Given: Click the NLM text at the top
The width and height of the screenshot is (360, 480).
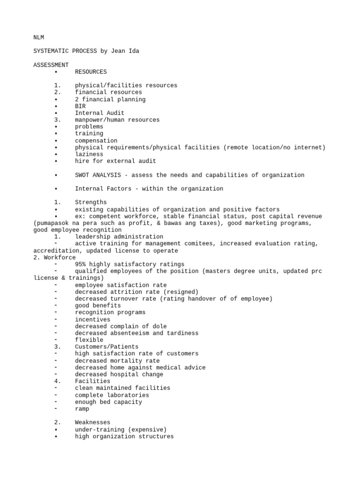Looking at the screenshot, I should pos(38,37).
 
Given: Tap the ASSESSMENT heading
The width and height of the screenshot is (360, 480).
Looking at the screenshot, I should pos(51,65).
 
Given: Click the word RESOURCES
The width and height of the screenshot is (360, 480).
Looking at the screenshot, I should pos(90,72).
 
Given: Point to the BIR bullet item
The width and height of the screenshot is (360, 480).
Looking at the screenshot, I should pos(80,106).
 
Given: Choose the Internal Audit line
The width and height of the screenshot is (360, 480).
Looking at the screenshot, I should pos(99,113).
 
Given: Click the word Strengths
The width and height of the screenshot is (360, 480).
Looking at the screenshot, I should pos(90,202).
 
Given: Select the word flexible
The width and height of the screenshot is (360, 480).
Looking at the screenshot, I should pos(89,340).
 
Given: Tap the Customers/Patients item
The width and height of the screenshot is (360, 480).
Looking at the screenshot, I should pos(106,347).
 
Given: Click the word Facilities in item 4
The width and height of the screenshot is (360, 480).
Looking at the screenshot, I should pos(92,381).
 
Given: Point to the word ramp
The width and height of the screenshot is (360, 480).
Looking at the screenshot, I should pos(82,409).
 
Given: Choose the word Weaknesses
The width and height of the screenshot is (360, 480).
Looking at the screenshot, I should pos(92,422).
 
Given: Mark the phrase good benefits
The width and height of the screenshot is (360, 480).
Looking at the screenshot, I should pos(97,306).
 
